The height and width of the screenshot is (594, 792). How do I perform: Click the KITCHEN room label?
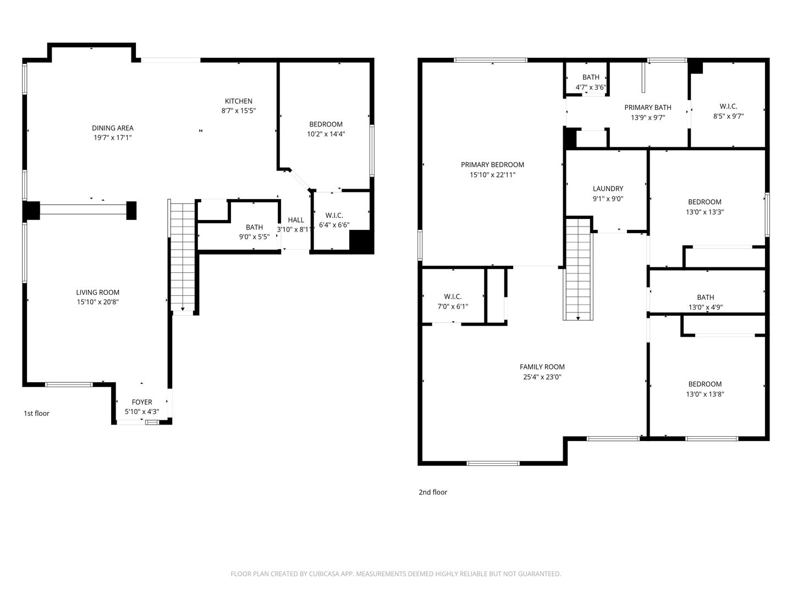point(239,101)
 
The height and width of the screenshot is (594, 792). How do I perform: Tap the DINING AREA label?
point(113,128)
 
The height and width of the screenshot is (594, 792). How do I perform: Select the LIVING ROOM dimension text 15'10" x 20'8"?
point(97,302)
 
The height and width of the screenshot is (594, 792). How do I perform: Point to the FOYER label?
point(142,402)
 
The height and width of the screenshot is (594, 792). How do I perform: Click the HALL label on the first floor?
point(296,219)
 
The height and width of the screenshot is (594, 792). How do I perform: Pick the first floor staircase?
point(183,256)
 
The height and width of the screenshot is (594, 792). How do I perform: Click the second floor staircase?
point(578,269)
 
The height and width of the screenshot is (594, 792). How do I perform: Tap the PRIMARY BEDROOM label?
point(492,164)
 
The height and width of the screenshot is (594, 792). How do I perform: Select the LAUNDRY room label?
point(608,188)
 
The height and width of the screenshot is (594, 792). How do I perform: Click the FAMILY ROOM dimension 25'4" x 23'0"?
point(542,377)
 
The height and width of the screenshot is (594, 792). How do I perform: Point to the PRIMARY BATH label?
point(648,107)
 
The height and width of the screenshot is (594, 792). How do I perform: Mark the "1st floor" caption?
point(36,413)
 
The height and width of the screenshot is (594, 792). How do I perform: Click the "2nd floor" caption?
point(433,492)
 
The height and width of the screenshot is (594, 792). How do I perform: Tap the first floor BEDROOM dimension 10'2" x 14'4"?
point(326,134)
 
